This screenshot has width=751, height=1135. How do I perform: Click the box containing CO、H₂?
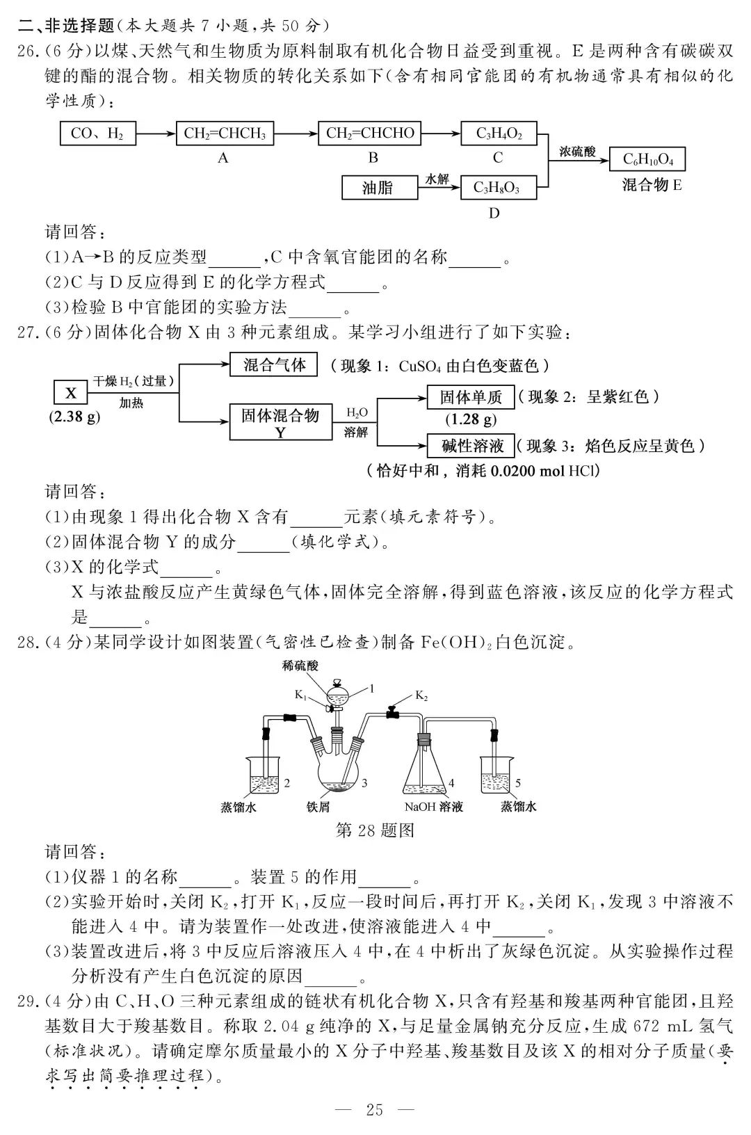(97, 133)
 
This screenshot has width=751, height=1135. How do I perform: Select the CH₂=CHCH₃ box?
(225, 133)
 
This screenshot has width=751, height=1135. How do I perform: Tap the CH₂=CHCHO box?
(370, 133)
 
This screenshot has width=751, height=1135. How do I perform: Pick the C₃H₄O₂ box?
(499, 133)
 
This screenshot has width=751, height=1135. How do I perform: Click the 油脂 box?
(378, 188)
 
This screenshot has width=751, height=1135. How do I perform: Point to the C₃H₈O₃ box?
(499, 188)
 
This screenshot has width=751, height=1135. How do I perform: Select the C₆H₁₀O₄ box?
(647, 159)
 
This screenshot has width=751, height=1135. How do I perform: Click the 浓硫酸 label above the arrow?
(577, 151)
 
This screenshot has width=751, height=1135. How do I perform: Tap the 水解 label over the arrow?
(437, 179)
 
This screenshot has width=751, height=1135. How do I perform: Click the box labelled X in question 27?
(71, 393)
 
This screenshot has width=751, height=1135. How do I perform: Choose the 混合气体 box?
(274, 364)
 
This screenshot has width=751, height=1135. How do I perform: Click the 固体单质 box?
(471, 397)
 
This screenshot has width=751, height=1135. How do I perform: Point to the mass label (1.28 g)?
(471, 419)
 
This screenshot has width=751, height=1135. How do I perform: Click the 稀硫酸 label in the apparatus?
(300, 666)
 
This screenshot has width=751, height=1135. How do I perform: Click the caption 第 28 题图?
(375, 830)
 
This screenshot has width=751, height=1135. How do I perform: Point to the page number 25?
(374, 1110)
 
